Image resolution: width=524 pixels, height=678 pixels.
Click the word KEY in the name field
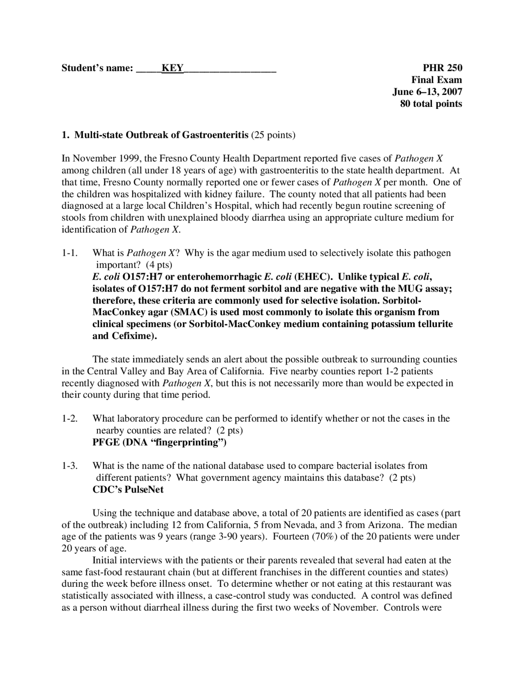[x=172, y=68]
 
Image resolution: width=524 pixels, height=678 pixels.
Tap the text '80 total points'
[x=431, y=104]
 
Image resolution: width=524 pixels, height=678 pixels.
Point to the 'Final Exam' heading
[x=436, y=80]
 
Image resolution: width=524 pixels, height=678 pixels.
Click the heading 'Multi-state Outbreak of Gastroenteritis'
[x=161, y=135]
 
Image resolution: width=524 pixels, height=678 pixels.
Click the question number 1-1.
[x=70, y=253]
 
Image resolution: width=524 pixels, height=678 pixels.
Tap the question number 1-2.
[x=70, y=419]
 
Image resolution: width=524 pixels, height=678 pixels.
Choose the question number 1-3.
[x=70, y=466]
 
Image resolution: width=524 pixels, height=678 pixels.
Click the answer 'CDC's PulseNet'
[x=128, y=490]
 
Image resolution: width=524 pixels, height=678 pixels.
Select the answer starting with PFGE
[x=160, y=443]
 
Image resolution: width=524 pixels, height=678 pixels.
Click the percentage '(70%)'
[x=325, y=537]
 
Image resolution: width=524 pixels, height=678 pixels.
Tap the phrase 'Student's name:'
[x=97, y=68]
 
